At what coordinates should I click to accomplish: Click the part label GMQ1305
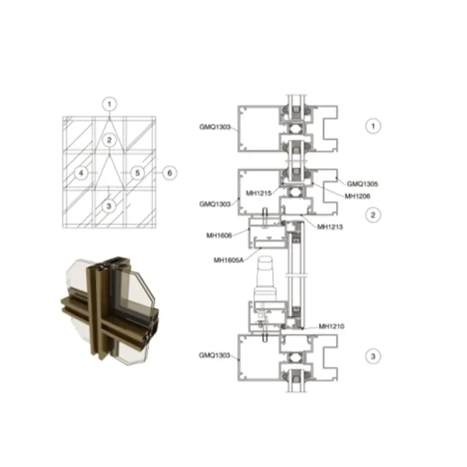click(x=362, y=184)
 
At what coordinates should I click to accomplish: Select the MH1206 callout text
click(x=357, y=196)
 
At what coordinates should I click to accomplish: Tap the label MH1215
click(x=259, y=193)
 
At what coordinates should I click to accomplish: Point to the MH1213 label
click(x=330, y=227)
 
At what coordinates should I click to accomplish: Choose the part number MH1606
click(x=219, y=236)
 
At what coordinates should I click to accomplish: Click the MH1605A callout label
click(x=228, y=260)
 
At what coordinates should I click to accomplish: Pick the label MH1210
click(x=331, y=326)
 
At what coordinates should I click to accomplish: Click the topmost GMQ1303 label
click(x=215, y=127)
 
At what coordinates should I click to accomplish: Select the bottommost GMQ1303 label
click(x=214, y=356)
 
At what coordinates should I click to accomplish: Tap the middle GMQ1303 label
click(x=215, y=204)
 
